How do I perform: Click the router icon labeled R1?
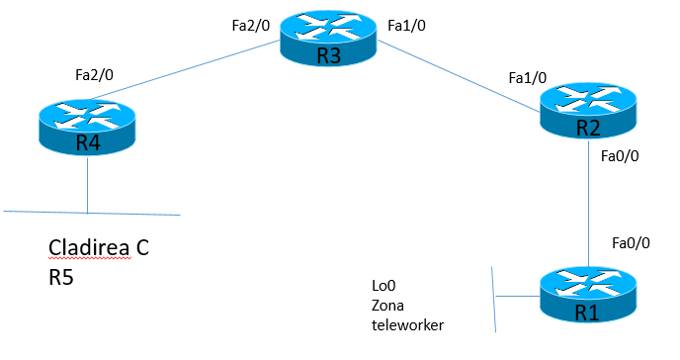[589, 297]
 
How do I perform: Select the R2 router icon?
[588, 115]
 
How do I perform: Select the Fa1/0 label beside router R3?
[407, 27]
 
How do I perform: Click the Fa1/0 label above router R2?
[527, 76]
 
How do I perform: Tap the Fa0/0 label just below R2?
[620, 155]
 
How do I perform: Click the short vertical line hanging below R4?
[87, 186]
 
